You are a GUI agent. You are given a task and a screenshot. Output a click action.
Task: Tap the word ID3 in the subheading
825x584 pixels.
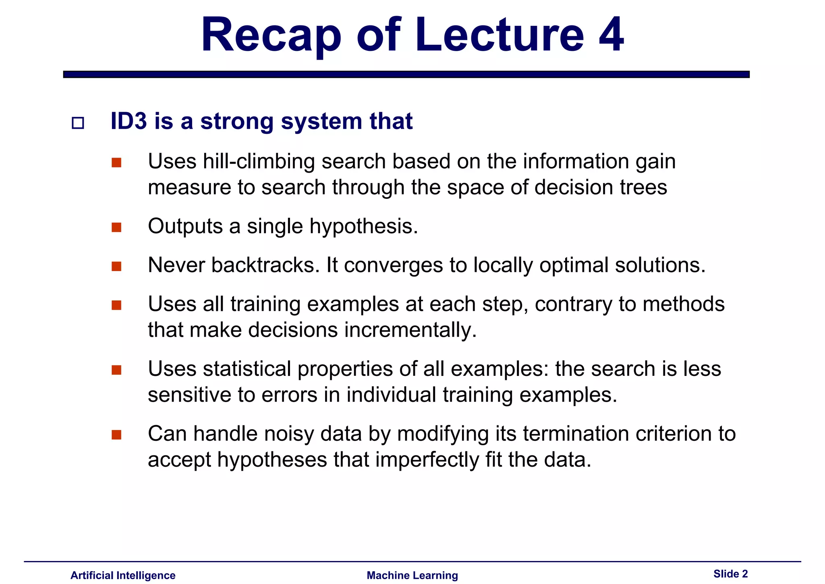pos(129,121)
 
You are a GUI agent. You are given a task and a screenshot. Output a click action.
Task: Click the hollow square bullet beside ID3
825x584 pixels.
pos(78,123)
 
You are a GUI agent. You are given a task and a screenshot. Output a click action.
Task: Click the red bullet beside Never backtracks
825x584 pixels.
pos(116,266)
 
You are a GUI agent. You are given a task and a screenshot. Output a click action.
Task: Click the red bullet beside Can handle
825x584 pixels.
pos(116,435)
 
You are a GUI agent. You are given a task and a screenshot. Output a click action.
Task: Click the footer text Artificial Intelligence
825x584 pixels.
pos(123,575)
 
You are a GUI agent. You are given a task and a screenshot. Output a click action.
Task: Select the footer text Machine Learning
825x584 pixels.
pos(412,575)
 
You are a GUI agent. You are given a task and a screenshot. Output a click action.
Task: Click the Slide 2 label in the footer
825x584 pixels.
pos(730,574)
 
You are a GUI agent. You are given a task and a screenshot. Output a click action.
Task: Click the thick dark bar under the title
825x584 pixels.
pos(406,74)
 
